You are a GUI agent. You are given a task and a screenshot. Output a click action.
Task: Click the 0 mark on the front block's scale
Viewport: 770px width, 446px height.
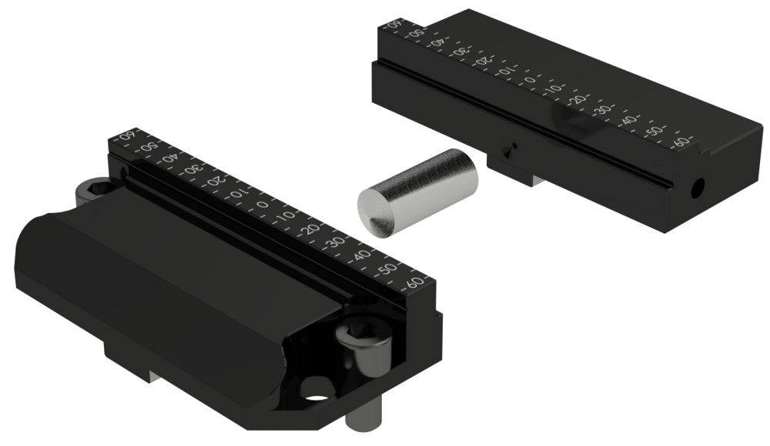(x=263, y=205)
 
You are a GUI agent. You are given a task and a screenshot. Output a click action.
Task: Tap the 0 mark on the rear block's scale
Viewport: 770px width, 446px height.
(x=530, y=80)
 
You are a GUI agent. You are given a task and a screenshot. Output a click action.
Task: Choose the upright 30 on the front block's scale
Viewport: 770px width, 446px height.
(x=336, y=242)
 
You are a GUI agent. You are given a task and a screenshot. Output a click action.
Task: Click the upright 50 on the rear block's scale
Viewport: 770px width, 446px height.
(x=654, y=131)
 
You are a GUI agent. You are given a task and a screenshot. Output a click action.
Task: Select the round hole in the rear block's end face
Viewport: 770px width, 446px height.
(x=698, y=186)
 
